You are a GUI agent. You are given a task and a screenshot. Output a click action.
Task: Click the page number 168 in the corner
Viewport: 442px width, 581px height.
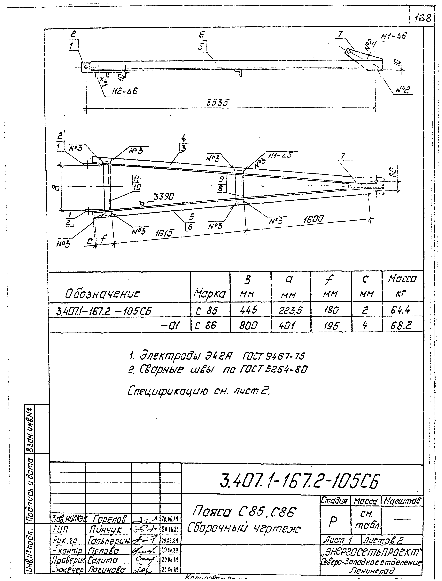coord(423,18)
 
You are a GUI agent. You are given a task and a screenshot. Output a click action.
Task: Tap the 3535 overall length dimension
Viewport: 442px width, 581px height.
coord(217,102)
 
